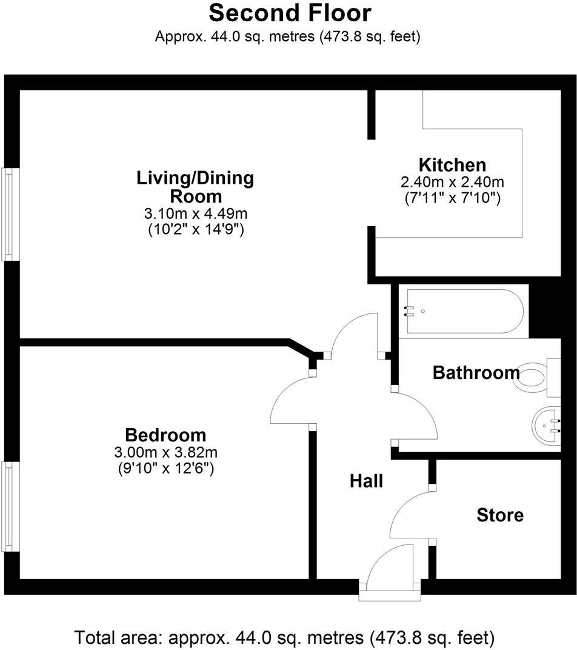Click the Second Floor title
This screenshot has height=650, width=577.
290,13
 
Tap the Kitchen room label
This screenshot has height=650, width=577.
452,164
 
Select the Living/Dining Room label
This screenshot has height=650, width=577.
195,187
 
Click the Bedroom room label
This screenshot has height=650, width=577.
165,435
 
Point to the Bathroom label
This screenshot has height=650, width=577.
476,372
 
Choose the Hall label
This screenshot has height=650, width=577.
367,481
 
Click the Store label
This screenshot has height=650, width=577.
500,515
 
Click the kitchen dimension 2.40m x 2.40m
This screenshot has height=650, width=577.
452,182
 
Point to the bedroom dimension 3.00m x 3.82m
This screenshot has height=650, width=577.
165,452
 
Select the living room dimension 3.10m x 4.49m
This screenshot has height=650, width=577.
195,213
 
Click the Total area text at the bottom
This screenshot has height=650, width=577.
285,638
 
